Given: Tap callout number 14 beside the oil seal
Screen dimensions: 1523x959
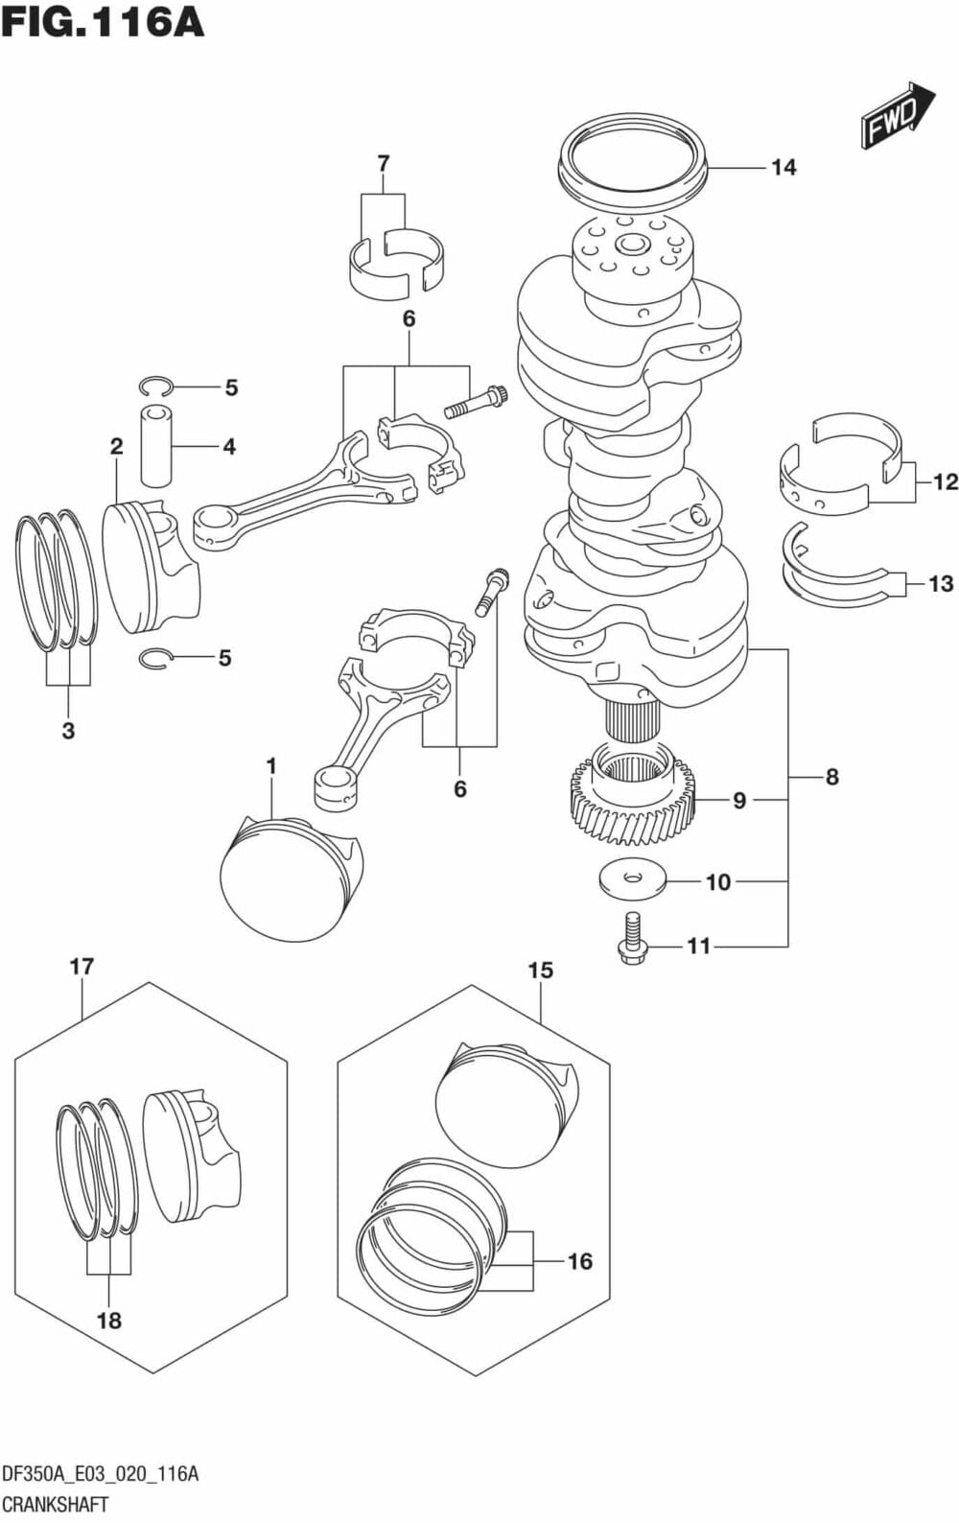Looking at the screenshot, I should coord(784,168).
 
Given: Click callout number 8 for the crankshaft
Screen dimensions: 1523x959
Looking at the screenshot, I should coord(831,777).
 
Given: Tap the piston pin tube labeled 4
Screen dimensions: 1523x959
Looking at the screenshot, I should coord(156,446).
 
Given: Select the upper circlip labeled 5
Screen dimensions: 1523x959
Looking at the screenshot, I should coord(153,387).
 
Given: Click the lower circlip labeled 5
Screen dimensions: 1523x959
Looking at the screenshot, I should coord(153,658).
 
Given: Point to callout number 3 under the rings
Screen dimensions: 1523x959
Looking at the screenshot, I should coord(68,731).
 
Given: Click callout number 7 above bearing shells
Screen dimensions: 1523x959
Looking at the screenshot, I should coord(383,164).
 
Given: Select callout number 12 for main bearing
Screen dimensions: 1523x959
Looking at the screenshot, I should coord(945,481).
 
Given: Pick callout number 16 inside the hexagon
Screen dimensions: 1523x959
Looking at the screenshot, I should coord(579,1261).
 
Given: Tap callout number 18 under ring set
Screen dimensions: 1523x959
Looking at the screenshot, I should coord(108,1321).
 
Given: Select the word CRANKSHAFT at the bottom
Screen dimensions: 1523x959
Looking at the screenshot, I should coord(56,1504).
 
